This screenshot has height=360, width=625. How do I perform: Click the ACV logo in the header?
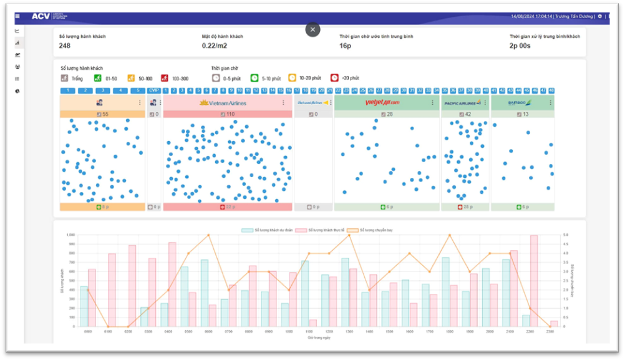tap(41, 16)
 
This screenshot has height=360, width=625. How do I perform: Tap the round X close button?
tap(312, 29)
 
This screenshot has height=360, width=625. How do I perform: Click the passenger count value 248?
tap(65, 46)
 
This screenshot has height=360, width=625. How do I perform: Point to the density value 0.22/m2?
tap(214, 46)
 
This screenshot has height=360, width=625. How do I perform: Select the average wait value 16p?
tap(345, 46)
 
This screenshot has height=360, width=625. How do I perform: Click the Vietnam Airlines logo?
tap(227, 103)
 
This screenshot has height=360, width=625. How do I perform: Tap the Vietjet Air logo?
tap(382, 103)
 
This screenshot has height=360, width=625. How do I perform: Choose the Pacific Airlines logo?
tap(462, 103)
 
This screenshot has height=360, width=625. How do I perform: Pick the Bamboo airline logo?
tap(519, 103)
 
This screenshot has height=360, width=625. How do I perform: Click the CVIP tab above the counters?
tap(154, 90)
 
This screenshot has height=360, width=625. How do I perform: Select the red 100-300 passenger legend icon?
tap(165, 78)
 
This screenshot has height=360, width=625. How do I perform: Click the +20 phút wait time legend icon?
tap(334, 78)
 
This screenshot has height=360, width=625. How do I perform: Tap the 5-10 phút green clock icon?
tap(254, 78)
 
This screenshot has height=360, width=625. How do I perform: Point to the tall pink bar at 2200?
tap(533, 281)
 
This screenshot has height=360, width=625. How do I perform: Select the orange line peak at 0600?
tap(208, 235)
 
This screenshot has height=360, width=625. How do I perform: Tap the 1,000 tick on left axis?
tap(71, 235)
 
